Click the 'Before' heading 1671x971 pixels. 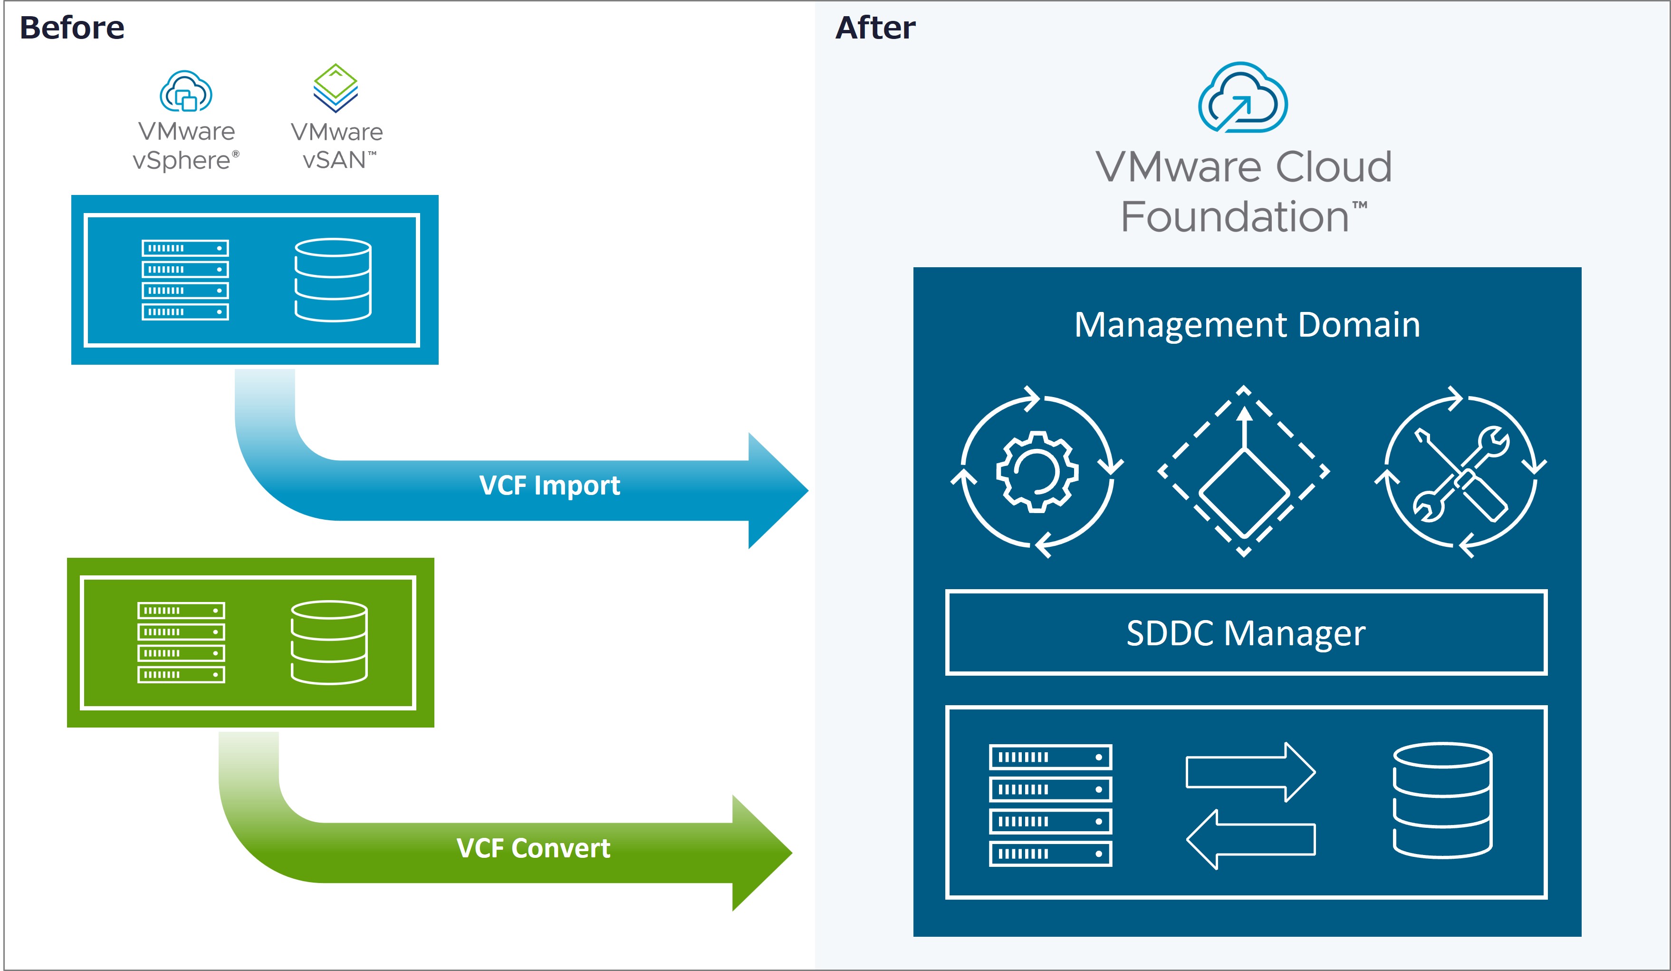click(x=72, y=28)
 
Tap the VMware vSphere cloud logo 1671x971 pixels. click(x=186, y=91)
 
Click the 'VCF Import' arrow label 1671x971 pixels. click(x=549, y=485)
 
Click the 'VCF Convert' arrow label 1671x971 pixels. click(x=533, y=848)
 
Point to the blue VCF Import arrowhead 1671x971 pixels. click(x=776, y=491)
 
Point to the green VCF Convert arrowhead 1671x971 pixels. click(x=760, y=853)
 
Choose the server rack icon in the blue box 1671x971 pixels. click(x=185, y=280)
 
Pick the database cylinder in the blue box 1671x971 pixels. click(x=333, y=280)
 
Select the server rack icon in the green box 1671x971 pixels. click(x=181, y=642)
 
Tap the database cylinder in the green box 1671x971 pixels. click(x=329, y=642)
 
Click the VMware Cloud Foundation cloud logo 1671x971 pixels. click(x=1243, y=98)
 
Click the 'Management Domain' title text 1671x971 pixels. click(x=1247, y=325)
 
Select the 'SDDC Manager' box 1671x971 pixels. click(x=1246, y=633)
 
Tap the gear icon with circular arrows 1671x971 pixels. click(x=1037, y=472)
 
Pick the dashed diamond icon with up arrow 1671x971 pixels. click(x=1244, y=472)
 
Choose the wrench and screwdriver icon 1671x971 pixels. click(x=1460, y=472)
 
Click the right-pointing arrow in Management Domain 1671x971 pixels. click(x=1250, y=772)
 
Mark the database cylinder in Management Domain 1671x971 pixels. click(x=1442, y=801)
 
